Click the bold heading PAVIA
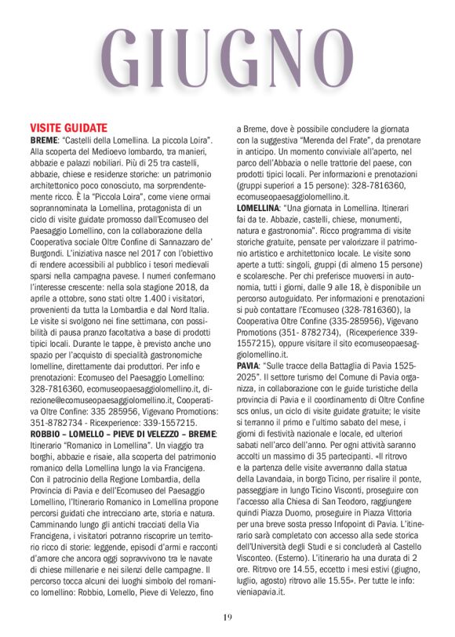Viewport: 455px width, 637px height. coord(249,366)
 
